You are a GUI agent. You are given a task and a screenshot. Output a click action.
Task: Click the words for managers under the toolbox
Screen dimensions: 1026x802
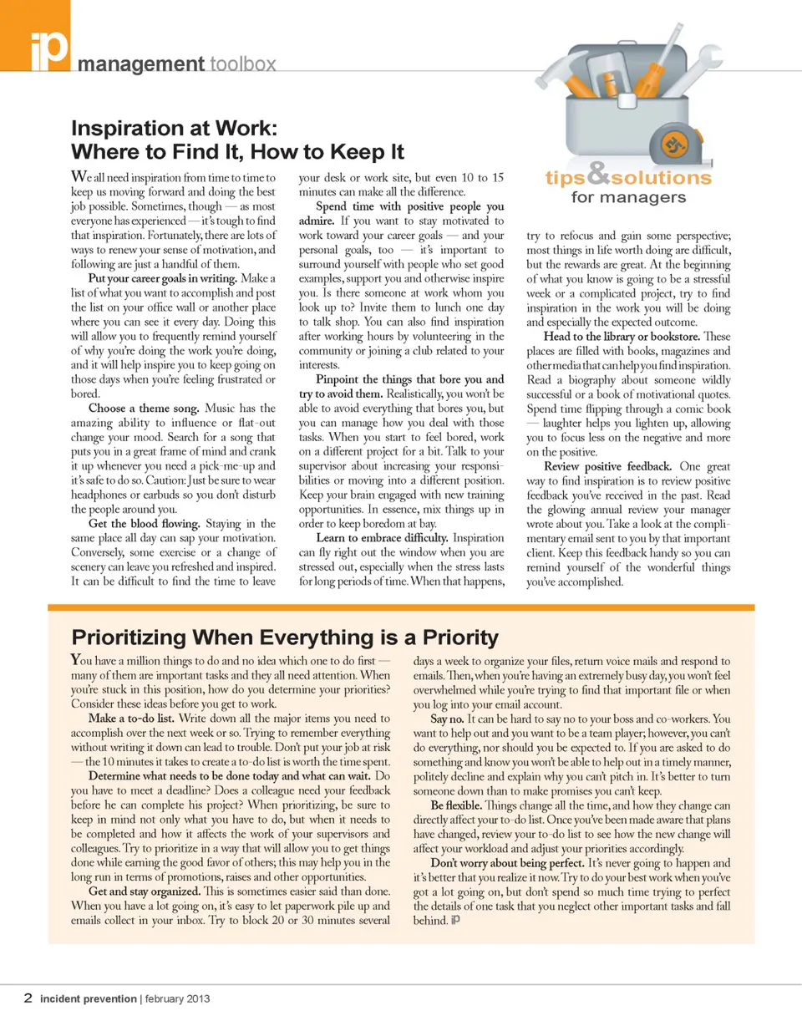tap(628, 198)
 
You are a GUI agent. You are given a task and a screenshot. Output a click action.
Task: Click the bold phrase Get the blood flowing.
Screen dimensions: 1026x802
tap(143, 523)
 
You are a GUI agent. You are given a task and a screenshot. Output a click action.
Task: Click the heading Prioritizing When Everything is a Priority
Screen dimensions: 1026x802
tap(285, 637)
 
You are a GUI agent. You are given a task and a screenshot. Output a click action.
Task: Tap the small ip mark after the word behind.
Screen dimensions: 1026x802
tap(455, 921)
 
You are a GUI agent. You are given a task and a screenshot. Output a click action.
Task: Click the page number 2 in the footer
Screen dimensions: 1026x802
tap(28, 998)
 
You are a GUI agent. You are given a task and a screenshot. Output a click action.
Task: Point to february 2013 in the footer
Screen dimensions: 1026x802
tap(178, 998)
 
